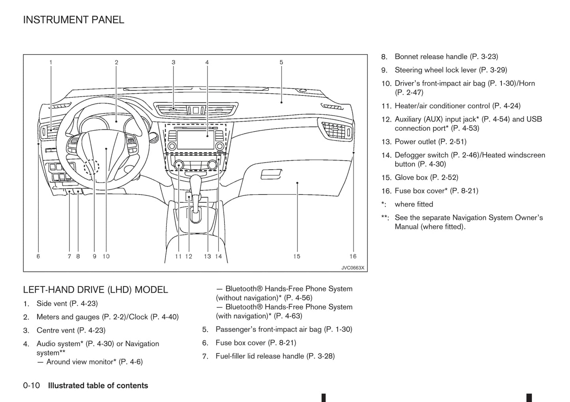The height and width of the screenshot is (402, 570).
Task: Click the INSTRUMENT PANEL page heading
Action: coord(73,20)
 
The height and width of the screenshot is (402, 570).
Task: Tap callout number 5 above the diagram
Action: coord(281,62)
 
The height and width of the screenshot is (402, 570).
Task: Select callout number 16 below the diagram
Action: coord(353,256)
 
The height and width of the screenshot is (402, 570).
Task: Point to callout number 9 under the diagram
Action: coord(95,256)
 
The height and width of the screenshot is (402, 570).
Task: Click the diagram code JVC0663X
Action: coord(353,268)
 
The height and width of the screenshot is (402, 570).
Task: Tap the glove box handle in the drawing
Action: coord(271,174)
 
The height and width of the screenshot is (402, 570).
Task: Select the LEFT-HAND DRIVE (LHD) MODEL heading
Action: coord(95,290)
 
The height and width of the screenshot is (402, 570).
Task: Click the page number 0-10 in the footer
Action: coord(32,386)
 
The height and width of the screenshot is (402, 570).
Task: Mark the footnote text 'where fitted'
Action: coord(414,204)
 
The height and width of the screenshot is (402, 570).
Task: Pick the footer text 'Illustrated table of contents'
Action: coord(98,386)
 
